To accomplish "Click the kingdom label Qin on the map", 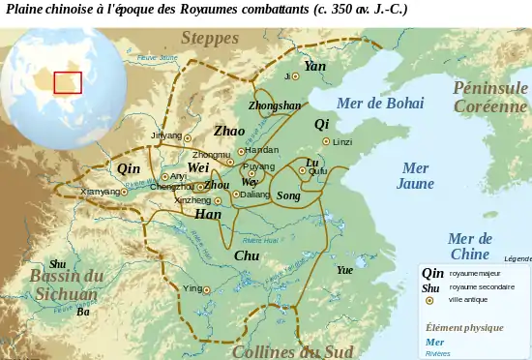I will (129, 168).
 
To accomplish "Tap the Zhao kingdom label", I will (229, 131).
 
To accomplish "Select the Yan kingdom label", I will (314, 66).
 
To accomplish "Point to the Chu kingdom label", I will (247, 255).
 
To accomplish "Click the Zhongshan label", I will (275, 105).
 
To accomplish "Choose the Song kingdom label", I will (288, 195).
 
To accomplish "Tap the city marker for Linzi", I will (326, 141).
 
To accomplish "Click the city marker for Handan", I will (241, 151).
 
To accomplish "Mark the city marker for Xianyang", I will (127, 192).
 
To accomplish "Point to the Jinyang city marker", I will (188, 137).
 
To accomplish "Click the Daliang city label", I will (254, 195).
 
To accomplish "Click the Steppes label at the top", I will (209, 39).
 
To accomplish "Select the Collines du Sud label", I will (292, 351).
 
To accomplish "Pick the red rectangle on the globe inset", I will (68, 82).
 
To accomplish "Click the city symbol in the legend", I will (429, 300).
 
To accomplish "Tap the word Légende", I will (517, 258).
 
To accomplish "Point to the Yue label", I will (344, 270).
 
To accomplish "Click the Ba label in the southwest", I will (83, 312).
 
